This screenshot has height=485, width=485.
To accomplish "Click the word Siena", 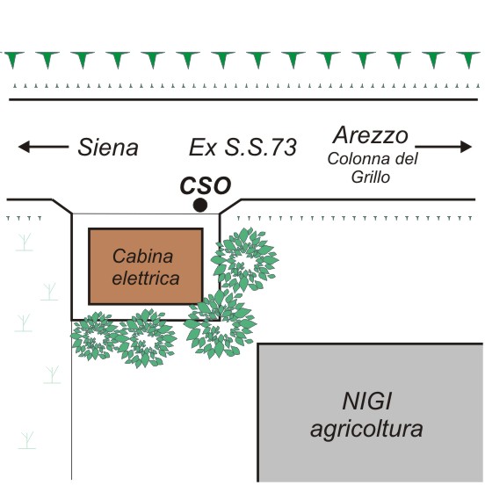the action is [108, 148].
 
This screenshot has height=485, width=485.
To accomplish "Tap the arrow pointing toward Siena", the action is [43, 147].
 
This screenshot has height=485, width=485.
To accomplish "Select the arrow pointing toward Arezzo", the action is [443, 147].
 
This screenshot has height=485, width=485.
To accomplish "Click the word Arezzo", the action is [371, 135].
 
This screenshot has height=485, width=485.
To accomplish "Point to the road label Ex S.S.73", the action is [242, 147].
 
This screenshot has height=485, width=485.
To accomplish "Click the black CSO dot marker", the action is [200, 205].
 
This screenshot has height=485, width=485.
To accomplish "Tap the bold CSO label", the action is [206, 185].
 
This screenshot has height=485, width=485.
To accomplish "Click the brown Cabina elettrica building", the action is [146, 266].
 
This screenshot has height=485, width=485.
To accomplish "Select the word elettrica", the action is [146, 278].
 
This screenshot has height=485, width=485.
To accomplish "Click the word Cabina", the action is [142, 257].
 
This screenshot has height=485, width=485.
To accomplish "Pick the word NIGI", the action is [367, 402].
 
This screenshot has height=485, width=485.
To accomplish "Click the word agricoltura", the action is [366, 430].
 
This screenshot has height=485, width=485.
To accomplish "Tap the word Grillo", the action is [370, 177].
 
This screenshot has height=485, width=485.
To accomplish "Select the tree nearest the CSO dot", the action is [244, 259].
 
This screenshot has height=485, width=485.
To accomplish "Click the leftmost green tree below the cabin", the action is [94, 337].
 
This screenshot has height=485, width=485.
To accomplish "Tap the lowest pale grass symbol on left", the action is [27, 440].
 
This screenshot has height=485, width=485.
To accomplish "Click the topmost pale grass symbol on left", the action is [24, 242].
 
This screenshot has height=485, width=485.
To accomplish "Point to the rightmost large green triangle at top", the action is [468, 60].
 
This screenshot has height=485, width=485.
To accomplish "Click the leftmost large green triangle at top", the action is [12, 60].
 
